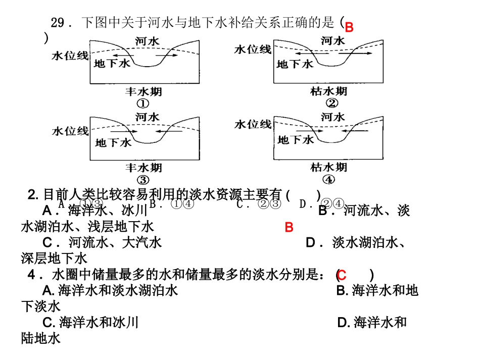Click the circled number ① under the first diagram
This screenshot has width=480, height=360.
pos(142,104)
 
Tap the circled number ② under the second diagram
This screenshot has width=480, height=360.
pos(331,104)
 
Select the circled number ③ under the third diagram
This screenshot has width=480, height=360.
pos(142,180)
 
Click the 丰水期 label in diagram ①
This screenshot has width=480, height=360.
pos(143,92)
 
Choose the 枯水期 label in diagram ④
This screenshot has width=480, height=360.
pos(329,168)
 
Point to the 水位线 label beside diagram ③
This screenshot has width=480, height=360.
pos(70,131)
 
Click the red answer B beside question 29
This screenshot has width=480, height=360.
pos(349,27)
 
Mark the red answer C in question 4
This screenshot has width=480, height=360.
pos(341,276)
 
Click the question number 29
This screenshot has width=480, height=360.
pos(59,23)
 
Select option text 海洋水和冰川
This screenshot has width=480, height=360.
pos(98,322)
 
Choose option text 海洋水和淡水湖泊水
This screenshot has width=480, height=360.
pos(118,291)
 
